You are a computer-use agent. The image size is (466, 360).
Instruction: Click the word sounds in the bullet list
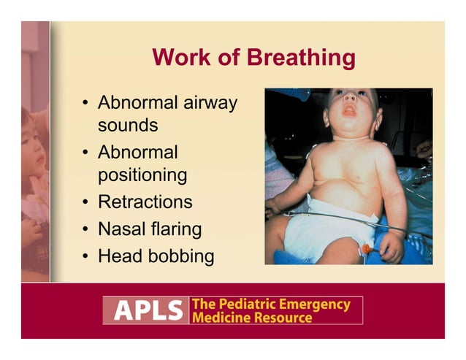(x=128, y=125)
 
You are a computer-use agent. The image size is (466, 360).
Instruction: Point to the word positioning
(x=142, y=176)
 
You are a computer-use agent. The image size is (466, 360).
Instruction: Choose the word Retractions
(x=145, y=202)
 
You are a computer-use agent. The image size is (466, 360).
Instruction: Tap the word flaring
(x=175, y=229)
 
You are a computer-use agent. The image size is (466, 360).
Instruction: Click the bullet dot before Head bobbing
(x=85, y=256)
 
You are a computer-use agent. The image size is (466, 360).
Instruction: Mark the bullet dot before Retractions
(x=85, y=202)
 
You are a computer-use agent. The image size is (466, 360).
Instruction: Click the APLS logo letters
(x=145, y=310)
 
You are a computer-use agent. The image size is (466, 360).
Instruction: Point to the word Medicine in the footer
(x=218, y=318)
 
